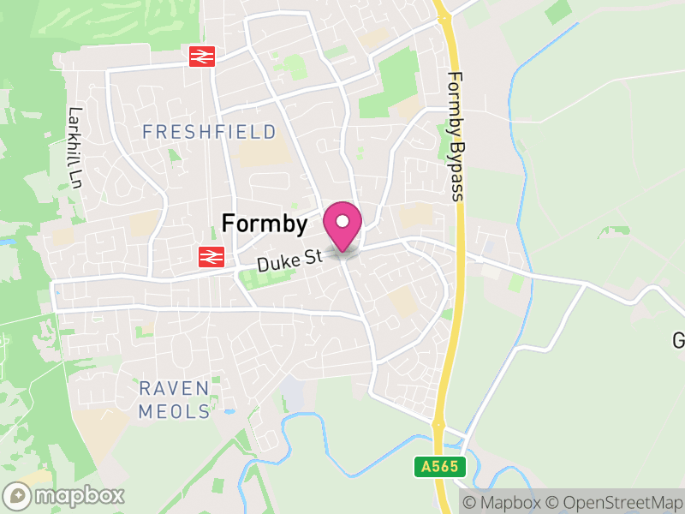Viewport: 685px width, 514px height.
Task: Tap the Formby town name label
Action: pos(264,224)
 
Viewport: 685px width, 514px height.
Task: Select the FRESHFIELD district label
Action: pos(209,132)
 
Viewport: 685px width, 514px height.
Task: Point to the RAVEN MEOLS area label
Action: pos(174,400)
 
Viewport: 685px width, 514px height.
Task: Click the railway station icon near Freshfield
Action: pos(202,57)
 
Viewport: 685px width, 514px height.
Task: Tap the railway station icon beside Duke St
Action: pos(210,255)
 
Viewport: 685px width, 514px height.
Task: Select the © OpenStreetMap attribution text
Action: pos(617,501)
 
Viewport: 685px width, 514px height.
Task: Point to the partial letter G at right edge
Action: pos(678,340)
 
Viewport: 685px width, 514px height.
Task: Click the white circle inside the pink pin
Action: pos(342,218)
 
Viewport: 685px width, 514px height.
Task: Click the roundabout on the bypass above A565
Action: pos(438,423)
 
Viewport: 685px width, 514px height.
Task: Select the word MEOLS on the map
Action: pos(174,411)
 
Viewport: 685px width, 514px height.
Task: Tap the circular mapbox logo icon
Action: pos(17,495)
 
